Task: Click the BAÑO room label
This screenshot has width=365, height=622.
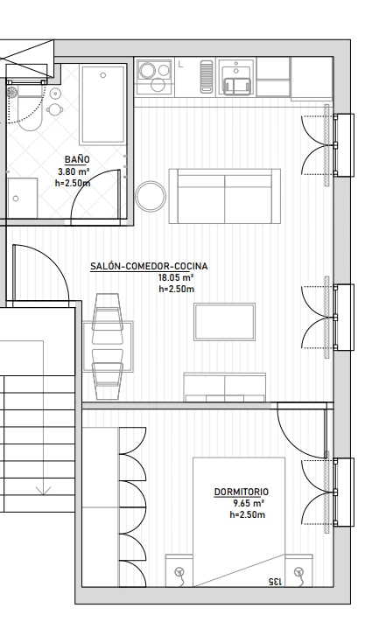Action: (x=77, y=159)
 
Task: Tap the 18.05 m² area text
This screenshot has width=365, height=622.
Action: (x=176, y=277)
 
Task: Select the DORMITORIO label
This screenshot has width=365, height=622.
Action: (x=242, y=492)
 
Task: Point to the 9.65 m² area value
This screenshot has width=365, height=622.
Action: (x=249, y=503)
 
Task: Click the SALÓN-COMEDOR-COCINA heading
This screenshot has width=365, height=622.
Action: (x=149, y=266)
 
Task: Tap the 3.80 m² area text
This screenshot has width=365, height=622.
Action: (x=73, y=171)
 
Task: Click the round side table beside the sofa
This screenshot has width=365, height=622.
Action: (x=151, y=196)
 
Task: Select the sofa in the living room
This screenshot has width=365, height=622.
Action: (x=225, y=196)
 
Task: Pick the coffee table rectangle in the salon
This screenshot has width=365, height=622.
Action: (x=225, y=322)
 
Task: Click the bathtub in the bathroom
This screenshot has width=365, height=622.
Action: (x=102, y=105)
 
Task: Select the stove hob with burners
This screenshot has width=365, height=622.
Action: (x=154, y=77)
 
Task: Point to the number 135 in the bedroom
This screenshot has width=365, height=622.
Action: (x=275, y=582)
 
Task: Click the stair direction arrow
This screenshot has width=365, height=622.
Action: (x=43, y=491)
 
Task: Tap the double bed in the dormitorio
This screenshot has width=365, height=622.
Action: (x=239, y=521)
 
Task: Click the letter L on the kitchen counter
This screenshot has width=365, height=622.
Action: (x=180, y=64)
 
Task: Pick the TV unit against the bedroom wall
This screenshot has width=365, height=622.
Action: (x=225, y=388)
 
